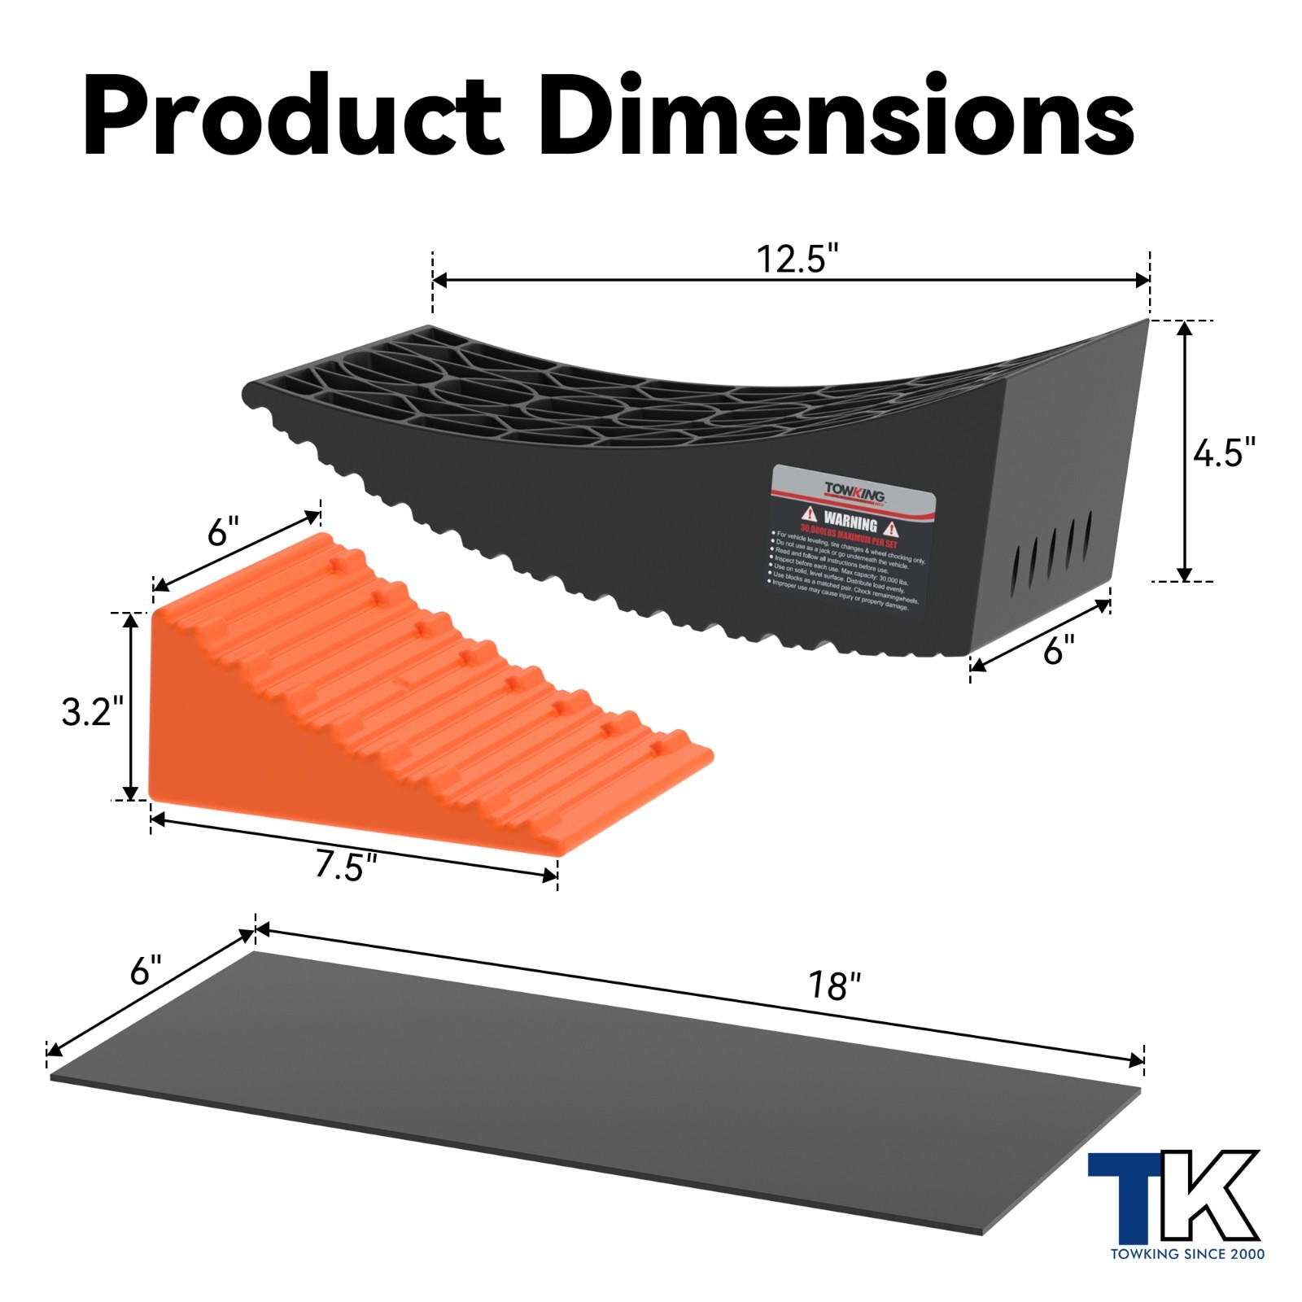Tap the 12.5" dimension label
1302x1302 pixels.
click(x=797, y=259)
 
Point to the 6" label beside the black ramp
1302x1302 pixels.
click(x=1059, y=650)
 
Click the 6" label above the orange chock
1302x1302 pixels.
click(x=223, y=533)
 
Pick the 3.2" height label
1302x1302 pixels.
click(x=92, y=712)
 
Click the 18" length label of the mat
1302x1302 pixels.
click(x=833, y=986)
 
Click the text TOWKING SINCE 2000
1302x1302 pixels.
click(x=1187, y=1254)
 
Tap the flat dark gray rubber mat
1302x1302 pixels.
click(x=594, y=1090)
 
